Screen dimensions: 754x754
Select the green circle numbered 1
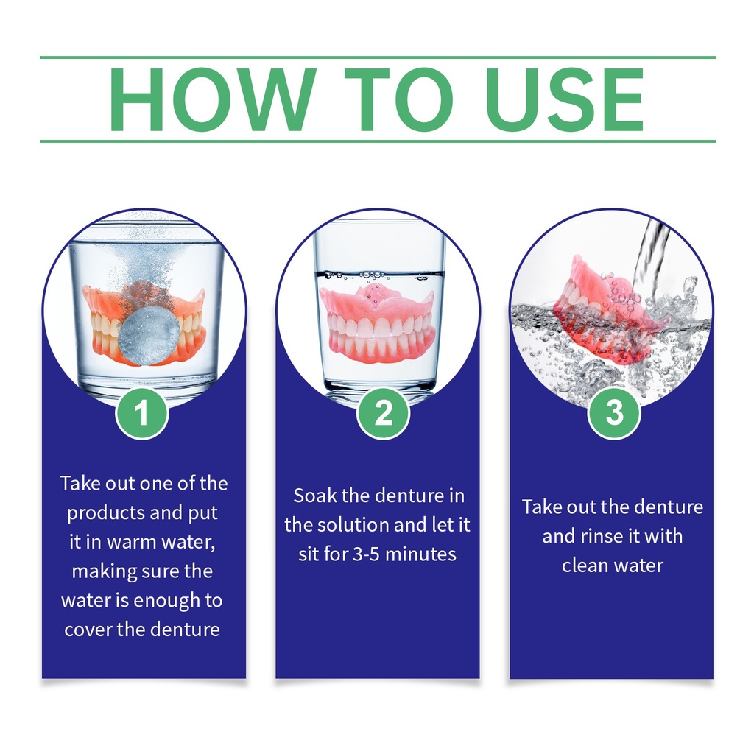(x=142, y=412)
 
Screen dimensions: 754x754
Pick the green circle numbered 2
(x=383, y=412)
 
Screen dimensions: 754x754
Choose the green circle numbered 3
(x=614, y=412)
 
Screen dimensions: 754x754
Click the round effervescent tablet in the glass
(x=149, y=336)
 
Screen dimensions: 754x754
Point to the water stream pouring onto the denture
(x=650, y=260)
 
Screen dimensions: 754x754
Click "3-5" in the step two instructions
(x=365, y=554)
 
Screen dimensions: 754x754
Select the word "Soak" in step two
(x=314, y=496)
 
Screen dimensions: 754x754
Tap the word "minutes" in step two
(x=420, y=554)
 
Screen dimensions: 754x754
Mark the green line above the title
(x=378, y=57)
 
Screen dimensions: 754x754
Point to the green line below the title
(x=378, y=141)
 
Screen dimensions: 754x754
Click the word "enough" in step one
(x=167, y=601)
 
